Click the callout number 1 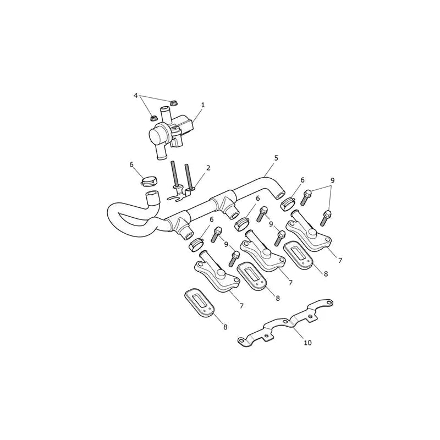(x=203, y=105)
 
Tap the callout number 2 (x=208, y=168)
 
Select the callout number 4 (x=136, y=95)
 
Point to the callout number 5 (x=276, y=158)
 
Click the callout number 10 (x=308, y=343)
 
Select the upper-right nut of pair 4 (x=174, y=103)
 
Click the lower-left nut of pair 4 (x=154, y=118)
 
